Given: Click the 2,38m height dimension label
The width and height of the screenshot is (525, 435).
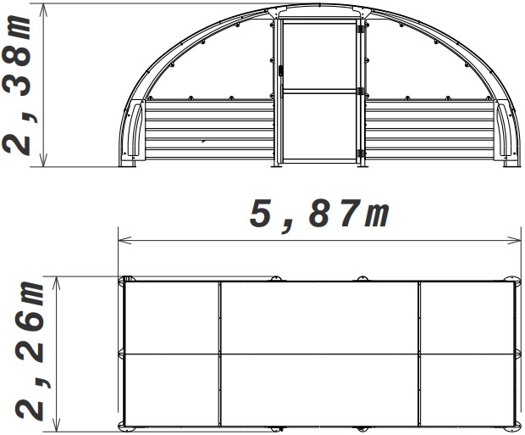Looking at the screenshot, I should click(19, 85).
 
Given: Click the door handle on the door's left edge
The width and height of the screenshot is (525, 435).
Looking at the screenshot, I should click(280, 73).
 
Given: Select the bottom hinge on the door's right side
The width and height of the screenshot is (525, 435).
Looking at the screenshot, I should click(361, 153).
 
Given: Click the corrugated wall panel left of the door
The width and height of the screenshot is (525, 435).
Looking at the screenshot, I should click(208, 131).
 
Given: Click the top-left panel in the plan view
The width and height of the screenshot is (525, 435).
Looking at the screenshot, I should click(172, 316).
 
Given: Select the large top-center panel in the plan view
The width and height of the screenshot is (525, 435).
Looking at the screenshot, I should click(319, 316).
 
